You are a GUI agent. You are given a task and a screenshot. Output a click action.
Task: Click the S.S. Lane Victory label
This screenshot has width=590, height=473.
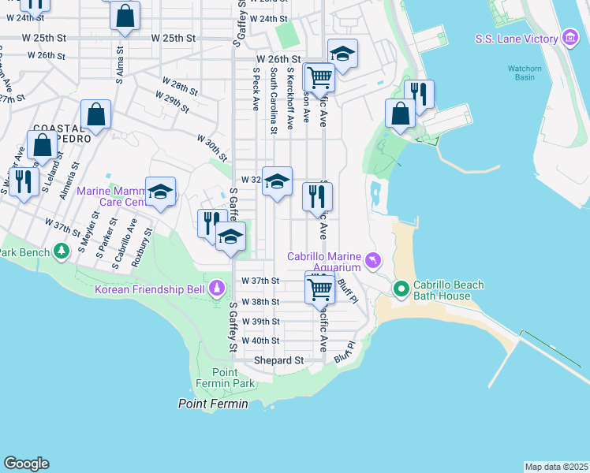click(x=517, y=39)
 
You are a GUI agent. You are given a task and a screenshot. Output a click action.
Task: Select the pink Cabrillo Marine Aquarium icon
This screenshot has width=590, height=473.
click(x=373, y=259)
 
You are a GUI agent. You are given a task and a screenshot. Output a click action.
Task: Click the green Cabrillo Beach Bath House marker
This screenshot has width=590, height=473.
click(x=401, y=289)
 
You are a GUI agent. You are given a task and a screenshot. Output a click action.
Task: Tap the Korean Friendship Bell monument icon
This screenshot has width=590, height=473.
click(x=215, y=289)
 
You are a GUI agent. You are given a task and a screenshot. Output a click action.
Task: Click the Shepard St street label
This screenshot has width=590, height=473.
click(x=278, y=360)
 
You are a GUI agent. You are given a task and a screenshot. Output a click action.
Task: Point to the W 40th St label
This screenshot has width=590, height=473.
click(x=260, y=341)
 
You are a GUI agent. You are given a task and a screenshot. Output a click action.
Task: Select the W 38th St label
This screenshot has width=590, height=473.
click(x=260, y=302)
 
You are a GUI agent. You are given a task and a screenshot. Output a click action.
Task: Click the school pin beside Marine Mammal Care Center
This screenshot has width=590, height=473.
click(x=160, y=192)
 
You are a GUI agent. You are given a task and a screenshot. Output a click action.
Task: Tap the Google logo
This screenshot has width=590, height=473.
click(x=26, y=464)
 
